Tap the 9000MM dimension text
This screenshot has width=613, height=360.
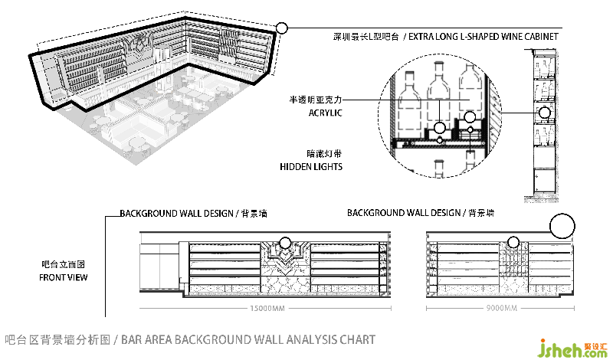tap(502, 309)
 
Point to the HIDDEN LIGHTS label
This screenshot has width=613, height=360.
tap(310, 166)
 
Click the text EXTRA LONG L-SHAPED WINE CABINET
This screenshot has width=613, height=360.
tap(483, 37)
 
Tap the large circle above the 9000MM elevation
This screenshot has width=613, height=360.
tap(563, 227)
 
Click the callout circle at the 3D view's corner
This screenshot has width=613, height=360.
tap(281, 28)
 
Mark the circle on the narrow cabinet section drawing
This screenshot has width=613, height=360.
tap(545, 113)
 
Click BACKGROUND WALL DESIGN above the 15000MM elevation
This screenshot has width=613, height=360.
tap(176, 213)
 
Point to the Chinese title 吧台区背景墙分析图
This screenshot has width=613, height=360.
tap(58, 339)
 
